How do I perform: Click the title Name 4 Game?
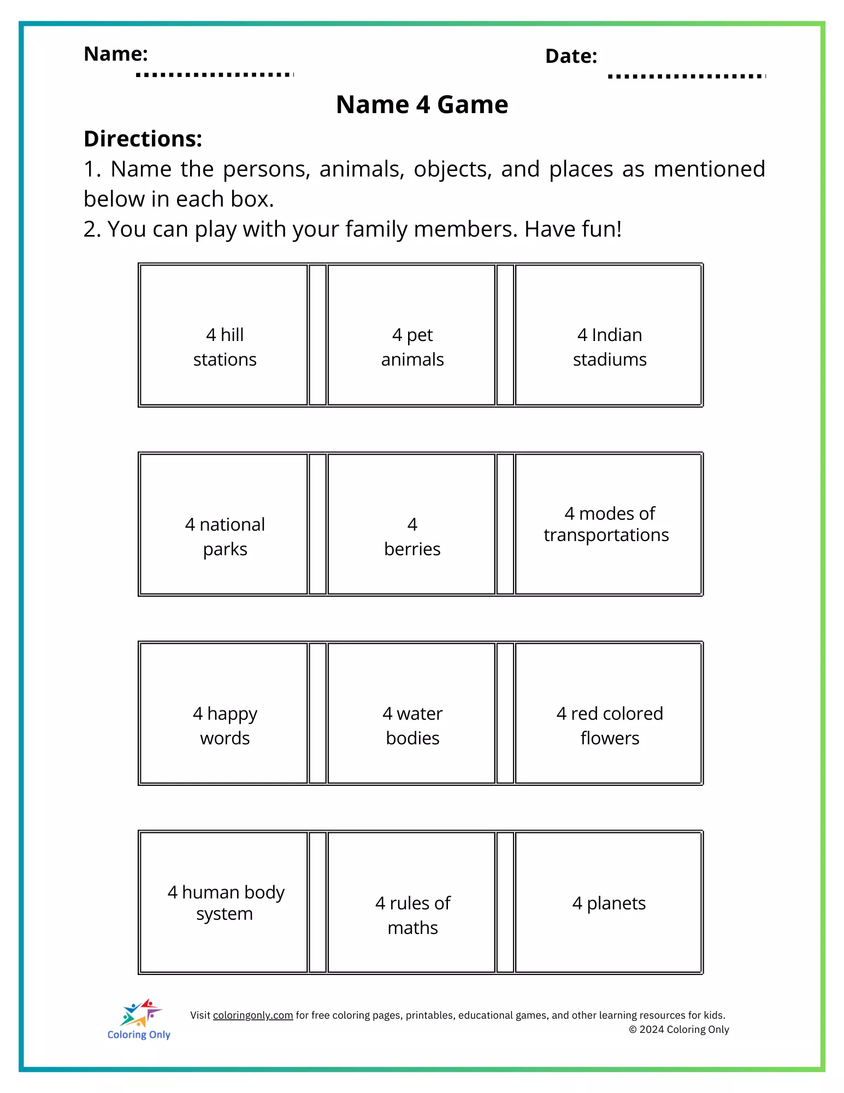click(x=422, y=104)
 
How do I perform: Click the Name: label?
click(x=116, y=54)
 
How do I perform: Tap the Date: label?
click(x=571, y=56)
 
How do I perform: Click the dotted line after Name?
click(x=215, y=74)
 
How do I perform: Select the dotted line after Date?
click(x=687, y=76)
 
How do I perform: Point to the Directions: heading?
click(x=143, y=139)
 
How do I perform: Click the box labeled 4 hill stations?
click(x=224, y=335)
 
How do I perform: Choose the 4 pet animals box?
click(x=412, y=335)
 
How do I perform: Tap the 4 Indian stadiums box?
click(x=609, y=335)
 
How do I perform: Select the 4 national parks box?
click(x=224, y=524)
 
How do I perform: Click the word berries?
click(x=412, y=549)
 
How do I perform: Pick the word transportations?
click(x=606, y=535)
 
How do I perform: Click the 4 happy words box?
click(x=224, y=713)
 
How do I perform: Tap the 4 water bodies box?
click(x=412, y=713)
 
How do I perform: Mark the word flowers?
click(x=610, y=738)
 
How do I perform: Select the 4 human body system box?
click(x=224, y=902)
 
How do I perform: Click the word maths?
click(x=412, y=928)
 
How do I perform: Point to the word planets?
click(x=616, y=903)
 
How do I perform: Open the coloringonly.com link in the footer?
click(x=253, y=1015)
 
